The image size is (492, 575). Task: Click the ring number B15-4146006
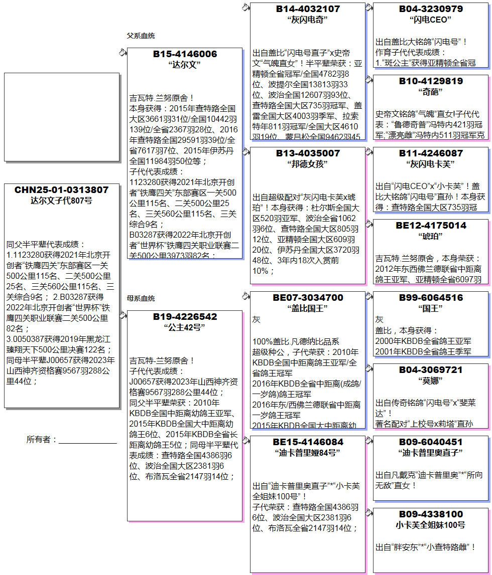185,54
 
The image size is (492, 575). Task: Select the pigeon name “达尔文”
185,65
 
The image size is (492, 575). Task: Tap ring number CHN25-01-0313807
62,190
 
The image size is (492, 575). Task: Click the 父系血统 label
141,36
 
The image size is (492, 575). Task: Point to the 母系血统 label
141,298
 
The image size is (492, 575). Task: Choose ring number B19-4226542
185,317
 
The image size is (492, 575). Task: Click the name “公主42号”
185,327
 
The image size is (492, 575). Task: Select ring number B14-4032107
308,9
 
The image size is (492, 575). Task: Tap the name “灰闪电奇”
308,20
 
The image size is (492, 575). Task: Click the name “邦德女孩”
308,164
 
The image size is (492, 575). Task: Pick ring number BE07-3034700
308,298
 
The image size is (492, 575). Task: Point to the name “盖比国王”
308,308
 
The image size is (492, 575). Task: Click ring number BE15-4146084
308,442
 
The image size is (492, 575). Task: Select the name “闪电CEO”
431,20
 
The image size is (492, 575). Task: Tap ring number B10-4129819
431,81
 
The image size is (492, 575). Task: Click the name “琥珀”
431,236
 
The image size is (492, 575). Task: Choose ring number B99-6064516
431,298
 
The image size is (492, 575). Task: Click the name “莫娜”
431,380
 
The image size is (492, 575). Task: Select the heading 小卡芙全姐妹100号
431,525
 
